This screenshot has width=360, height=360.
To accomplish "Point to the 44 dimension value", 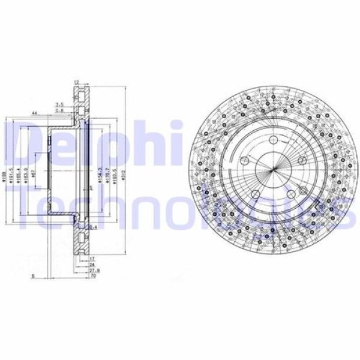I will coord(35,113).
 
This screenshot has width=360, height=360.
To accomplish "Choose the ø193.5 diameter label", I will coord(115,174).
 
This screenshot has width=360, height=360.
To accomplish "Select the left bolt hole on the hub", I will coord(244,161).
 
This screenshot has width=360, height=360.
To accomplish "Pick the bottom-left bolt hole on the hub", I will coord(254,193).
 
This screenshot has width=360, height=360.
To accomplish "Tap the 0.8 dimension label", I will coord(60,110).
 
